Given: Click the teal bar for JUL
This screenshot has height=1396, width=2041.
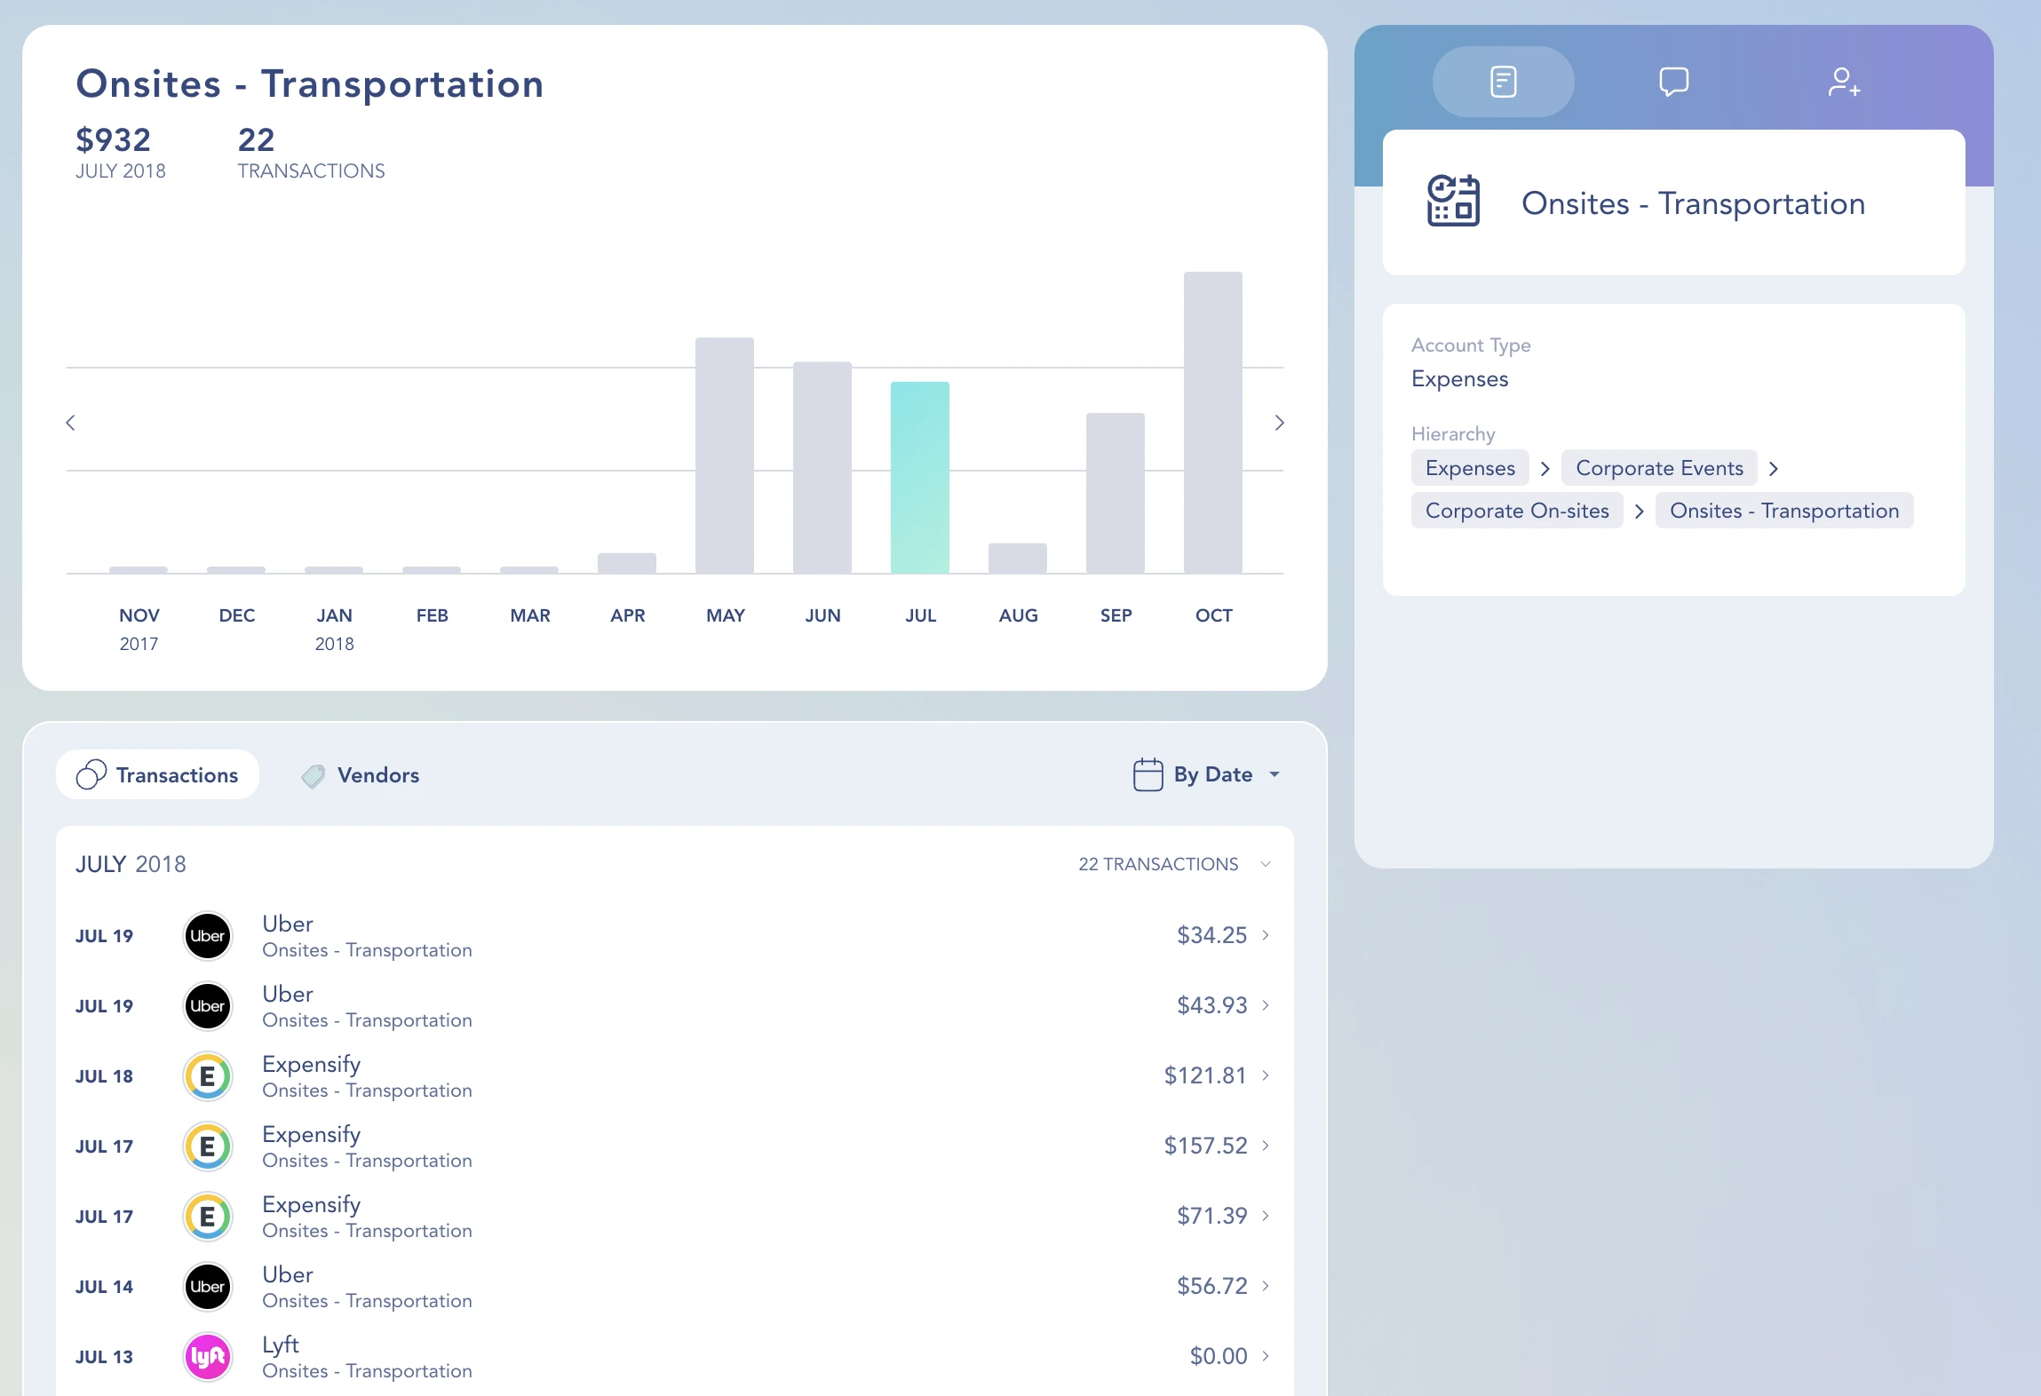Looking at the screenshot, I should tap(920, 478).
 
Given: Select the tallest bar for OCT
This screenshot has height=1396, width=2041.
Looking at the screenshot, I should tap(1212, 423).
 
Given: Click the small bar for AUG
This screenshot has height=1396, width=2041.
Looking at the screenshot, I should tap(1017, 558).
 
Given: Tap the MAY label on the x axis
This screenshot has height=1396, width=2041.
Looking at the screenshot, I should tap(725, 615).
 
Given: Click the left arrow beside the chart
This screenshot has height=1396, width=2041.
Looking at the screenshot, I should tap(71, 423).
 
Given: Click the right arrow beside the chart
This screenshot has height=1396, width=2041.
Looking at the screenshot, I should tap(1279, 423).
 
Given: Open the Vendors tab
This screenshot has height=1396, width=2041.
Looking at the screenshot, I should tap(361, 775).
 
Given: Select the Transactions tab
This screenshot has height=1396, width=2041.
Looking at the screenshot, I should tap(158, 775).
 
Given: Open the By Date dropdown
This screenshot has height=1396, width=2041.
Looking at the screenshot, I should tap(1207, 774).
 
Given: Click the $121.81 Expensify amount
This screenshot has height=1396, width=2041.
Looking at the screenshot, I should tap(1204, 1075).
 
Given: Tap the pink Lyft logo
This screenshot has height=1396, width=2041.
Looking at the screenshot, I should tap(208, 1356).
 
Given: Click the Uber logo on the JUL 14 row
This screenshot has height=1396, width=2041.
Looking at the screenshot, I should tap(208, 1286).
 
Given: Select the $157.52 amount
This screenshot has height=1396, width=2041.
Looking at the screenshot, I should tap(1204, 1146).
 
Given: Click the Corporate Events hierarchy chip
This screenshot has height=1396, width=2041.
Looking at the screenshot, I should tap(1658, 468).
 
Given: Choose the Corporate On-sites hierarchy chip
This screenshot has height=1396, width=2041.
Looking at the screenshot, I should tap(1516, 511).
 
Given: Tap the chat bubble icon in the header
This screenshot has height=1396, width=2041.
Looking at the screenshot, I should tap(1673, 82).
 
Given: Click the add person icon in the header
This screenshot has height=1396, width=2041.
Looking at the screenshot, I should tap(1844, 82).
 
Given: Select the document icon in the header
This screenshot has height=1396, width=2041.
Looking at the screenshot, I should tap(1503, 82).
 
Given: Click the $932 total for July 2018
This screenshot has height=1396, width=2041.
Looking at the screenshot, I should tap(114, 140).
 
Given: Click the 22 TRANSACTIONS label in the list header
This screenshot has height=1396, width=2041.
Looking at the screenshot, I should tap(1157, 864).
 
